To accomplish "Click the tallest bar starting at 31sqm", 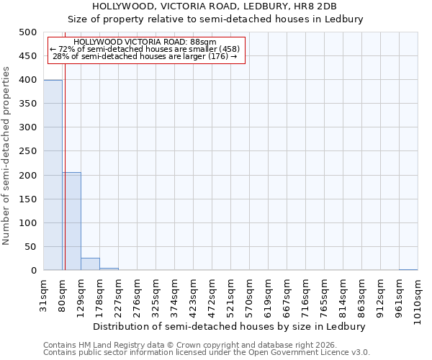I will [x=53, y=175].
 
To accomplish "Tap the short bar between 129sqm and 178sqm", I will [x=90, y=264].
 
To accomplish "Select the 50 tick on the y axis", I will [x=30, y=247].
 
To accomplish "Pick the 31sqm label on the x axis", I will [x=43, y=295].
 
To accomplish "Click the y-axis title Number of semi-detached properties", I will [x=7, y=156].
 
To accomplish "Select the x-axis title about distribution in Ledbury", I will [x=230, y=326].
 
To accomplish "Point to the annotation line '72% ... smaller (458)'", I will [x=144, y=49].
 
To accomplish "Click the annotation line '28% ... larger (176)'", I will [x=144, y=56].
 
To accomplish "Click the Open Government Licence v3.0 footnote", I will [x=206, y=353].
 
